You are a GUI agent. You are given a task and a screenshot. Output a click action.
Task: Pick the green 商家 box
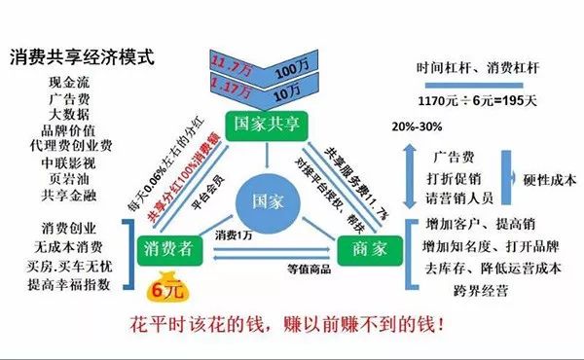point(363,250)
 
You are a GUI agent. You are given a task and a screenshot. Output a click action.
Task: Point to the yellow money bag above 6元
point(158,276)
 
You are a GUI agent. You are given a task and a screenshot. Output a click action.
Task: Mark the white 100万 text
point(291,74)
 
